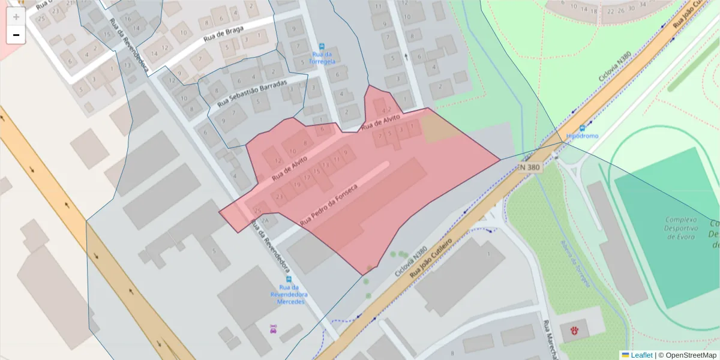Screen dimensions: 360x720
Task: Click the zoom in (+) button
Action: [x=16, y=16]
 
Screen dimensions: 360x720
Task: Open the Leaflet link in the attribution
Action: [x=641, y=355]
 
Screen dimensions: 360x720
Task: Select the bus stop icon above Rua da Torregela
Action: [x=322, y=46]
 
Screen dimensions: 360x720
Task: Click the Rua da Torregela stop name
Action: [x=322, y=58]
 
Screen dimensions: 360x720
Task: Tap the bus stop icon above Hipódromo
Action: [x=582, y=128]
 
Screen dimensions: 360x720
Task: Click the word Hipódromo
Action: [x=582, y=136]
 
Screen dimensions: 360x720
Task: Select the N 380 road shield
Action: [x=530, y=167]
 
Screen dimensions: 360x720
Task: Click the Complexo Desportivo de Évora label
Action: [x=680, y=228]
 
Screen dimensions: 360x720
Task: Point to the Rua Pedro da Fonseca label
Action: [x=328, y=205]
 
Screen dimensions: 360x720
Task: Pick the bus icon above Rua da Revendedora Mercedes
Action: [x=289, y=280]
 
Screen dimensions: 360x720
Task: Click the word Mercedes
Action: [x=290, y=301]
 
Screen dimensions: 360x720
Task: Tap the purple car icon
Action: [x=274, y=328]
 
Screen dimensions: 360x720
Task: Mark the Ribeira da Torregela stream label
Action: [x=575, y=264]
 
